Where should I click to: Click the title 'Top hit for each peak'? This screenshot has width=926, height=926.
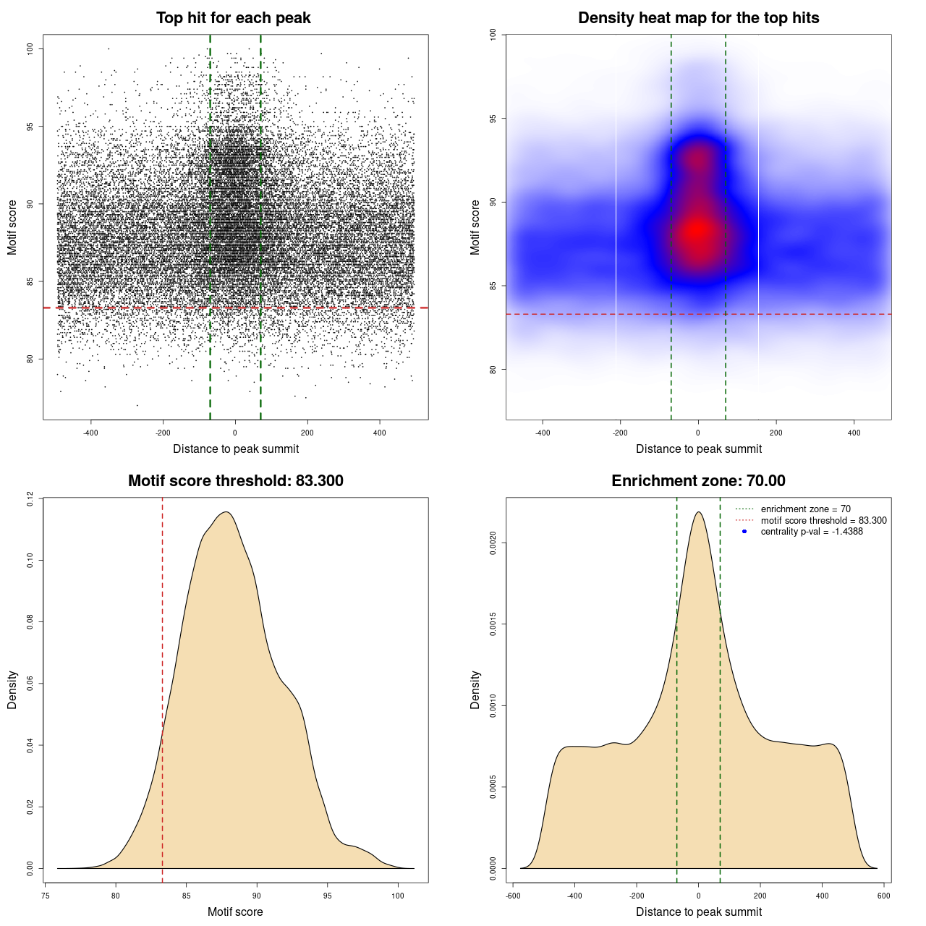pos(233,18)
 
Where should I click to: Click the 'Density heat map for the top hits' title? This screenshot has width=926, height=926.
pos(698,18)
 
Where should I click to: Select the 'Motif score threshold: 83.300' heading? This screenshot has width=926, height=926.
pos(235,481)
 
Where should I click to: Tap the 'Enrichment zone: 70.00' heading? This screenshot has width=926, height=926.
pos(698,481)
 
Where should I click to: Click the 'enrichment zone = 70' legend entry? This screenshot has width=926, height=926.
pos(805,509)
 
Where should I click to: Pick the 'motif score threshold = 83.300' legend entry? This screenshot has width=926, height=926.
pos(823,520)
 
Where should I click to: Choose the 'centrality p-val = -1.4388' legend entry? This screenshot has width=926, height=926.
pos(812,532)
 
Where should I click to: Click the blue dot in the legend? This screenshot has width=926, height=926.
pos(744,532)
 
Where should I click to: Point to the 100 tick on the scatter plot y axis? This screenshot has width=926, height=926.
pos(30,48)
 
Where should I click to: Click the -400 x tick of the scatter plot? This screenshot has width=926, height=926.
pos(90,433)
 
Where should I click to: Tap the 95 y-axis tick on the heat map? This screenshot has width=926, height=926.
pos(493,119)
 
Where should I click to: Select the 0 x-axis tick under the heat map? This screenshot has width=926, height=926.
pos(698,433)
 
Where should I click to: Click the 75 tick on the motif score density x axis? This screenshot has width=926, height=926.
pos(46,896)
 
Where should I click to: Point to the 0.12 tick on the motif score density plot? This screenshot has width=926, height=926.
pos(30,498)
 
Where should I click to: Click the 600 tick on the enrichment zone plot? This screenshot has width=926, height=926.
pos(884,896)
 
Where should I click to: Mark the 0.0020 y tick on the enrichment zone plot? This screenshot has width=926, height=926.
pos(493,543)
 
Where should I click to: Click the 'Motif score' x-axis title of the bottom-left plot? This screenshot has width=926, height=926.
pos(235,912)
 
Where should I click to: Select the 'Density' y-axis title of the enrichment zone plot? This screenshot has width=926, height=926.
pos(475,689)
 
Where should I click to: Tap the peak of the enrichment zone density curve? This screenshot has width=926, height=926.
pos(699,512)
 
